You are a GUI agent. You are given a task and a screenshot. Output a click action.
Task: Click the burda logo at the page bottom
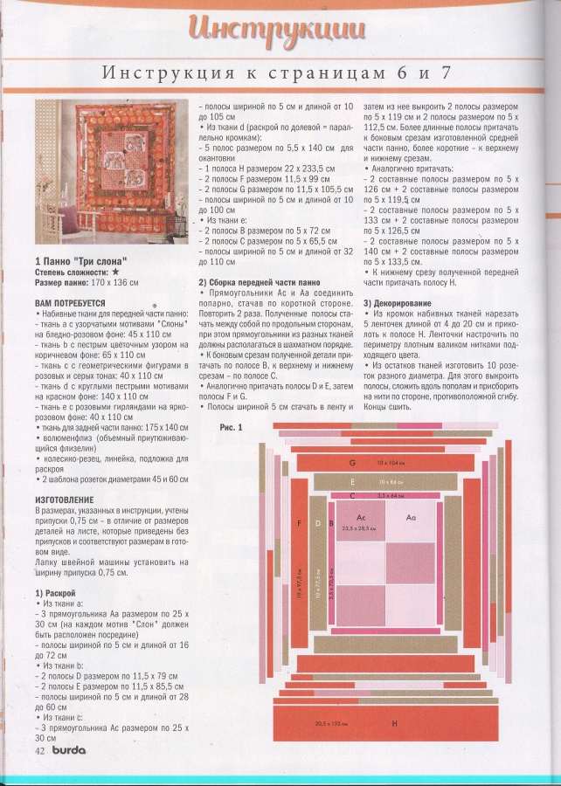point(68,749)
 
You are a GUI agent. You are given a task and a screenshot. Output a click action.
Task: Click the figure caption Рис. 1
point(231,427)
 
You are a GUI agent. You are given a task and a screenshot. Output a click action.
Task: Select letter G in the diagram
point(352,461)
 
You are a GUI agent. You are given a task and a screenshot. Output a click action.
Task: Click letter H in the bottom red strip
point(394,724)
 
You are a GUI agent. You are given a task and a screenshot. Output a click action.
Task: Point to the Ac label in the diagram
point(359,518)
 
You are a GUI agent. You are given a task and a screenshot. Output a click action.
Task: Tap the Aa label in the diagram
point(412,518)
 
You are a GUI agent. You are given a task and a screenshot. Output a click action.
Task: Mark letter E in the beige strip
point(352,481)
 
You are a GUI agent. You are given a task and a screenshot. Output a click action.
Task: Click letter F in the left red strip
point(299,522)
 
